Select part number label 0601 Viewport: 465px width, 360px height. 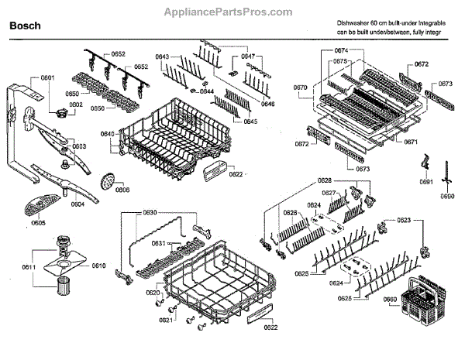pyautogui.click(x=48, y=78)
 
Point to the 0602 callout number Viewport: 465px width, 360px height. pyautogui.click(x=75, y=105)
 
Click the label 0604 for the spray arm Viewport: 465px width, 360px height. pyautogui.click(x=77, y=204)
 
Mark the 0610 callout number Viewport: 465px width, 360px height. pyautogui.click(x=98, y=266)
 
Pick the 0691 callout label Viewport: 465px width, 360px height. pyautogui.click(x=425, y=182)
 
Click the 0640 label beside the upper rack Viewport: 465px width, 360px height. pyautogui.click(x=108, y=134)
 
